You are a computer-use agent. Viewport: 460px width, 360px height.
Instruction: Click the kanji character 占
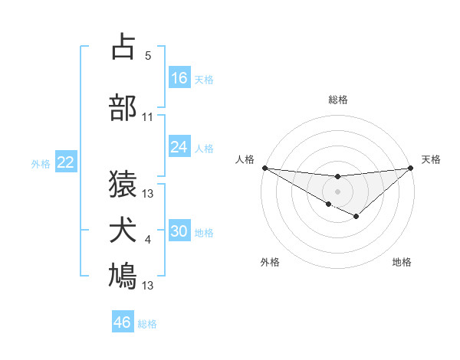pyautogui.click(x=123, y=47)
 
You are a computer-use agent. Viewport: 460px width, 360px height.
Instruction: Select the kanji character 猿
pyautogui.click(x=123, y=185)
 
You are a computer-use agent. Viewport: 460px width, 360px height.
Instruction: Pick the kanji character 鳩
pyautogui.click(x=123, y=276)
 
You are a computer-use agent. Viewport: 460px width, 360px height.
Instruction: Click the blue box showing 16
pyautogui.click(x=179, y=78)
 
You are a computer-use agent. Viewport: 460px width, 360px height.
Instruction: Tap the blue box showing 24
pyautogui.click(x=179, y=147)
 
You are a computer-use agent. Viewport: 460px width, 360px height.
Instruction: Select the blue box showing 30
pyautogui.click(x=179, y=231)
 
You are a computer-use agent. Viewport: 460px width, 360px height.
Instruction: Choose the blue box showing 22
pyautogui.click(x=66, y=162)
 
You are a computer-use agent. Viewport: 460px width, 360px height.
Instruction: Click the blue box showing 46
pyautogui.click(x=123, y=322)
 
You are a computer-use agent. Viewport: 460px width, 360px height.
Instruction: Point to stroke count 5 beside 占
pyautogui.click(x=148, y=56)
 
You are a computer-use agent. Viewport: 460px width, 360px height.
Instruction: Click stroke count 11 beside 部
pyautogui.click(x=148, y=117)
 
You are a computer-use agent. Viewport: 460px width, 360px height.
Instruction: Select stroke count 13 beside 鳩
pyautogui.click(x=148, y=286)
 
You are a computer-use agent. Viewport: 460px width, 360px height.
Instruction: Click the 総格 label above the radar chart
pyautogui.click(x=338, y=100)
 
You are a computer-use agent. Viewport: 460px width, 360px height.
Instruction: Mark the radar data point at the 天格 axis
pyautogui.click(x=411, y=167)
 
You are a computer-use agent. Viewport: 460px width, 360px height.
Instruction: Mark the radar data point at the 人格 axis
pyautogui.click(x=264, y=167)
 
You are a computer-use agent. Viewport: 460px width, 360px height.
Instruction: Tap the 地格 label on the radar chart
pyautogui.click(x=402, y=263)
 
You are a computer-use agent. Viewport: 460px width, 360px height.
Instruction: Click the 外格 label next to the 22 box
pyautogui.click(x=41, y=163)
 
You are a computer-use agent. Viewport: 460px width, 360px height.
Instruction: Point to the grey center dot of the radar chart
pyautogui.click(x=337, y=191)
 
